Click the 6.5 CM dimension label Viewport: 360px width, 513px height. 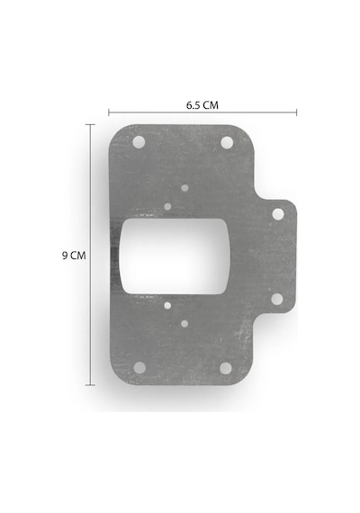click(x=202, y=105)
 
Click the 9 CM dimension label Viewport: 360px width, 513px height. click(x=74, y=256)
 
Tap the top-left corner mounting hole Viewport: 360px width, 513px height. click(x=139, y=142)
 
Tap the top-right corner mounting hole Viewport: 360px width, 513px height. click(x=227, y=142)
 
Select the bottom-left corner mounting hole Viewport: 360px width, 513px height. click(x=139, y=368)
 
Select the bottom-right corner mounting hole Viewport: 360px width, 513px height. click(x=226, y=368)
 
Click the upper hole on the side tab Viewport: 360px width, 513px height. click(x=278, y=214)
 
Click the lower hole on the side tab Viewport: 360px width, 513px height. click(x=277, y=299)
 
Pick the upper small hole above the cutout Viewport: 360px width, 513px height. click(x=184, y=188)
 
